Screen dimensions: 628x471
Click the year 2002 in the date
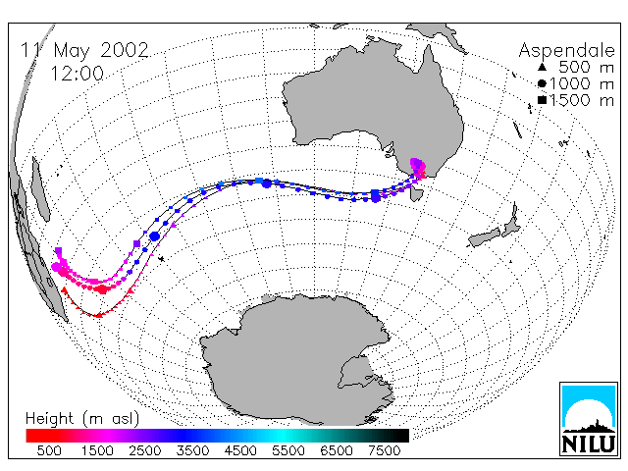click(125, 50)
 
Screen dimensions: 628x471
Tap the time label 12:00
click(77, 74)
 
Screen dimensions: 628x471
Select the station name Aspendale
click(566, 51)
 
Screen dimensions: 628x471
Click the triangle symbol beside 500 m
click(542, 67)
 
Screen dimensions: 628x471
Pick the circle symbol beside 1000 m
click(542, 83)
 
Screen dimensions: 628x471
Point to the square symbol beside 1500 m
click(542, 100)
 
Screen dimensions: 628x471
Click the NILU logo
click(589, 419)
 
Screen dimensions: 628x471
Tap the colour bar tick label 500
click(49, 451)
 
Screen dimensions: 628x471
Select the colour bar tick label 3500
click(192, 451)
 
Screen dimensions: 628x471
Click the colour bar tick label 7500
click(384, 451)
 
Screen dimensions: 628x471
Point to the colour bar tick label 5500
click(288, 451)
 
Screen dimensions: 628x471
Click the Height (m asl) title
click(82, 419)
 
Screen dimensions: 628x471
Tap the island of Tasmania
click(416, 194)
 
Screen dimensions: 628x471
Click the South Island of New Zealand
click(485, 237)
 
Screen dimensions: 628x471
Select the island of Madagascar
click(40, 189)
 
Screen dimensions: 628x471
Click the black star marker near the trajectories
click(161, 259)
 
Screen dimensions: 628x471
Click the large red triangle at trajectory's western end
click(64, 290)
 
